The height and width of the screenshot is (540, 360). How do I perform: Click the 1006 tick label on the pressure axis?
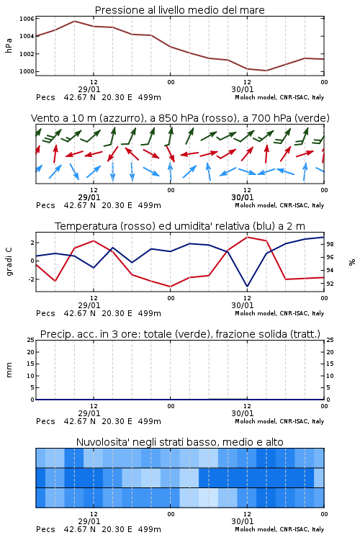coord(27,19)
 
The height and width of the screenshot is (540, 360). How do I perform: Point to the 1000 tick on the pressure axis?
coord(27,71)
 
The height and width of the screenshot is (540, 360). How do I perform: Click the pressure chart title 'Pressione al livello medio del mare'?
coord(180,10)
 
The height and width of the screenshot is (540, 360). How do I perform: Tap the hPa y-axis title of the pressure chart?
coord(9,45)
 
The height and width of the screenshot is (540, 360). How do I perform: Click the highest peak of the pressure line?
coord(74,21)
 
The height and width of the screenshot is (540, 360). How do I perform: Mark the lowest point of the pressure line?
coord(266,71)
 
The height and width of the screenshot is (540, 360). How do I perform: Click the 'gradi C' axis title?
coord(9,262)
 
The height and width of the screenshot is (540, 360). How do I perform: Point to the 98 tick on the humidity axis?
coord(330,244)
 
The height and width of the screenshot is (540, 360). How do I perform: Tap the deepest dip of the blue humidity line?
coord(247,286)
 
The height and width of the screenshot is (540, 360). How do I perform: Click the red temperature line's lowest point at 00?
coord(170,287)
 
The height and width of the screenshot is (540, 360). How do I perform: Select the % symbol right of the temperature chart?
coord(352,262)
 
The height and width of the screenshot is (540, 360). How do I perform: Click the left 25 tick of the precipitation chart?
coord(30,340)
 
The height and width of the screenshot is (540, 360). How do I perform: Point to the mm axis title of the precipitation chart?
coord(9,370)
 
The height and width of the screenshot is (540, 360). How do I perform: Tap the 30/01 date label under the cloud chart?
coord(243,521)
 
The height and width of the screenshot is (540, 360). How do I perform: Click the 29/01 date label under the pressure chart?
coord(89,89)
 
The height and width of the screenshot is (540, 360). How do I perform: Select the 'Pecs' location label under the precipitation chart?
coord(45,421)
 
